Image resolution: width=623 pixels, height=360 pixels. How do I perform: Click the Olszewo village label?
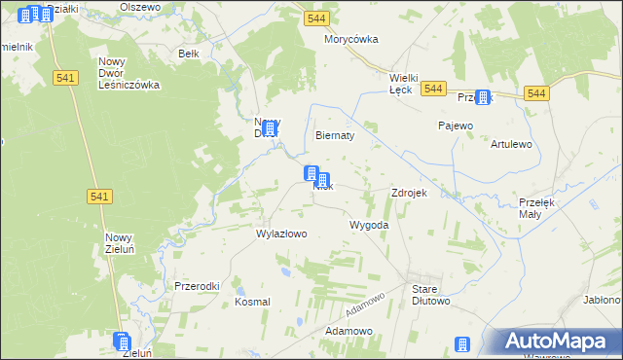[x=139, y=6]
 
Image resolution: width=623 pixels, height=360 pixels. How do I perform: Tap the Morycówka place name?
[x=350, y=40]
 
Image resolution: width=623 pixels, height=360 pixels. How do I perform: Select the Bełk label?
[x=189, y=54]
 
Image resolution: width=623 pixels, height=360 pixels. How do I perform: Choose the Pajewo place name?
[x=455, y=126]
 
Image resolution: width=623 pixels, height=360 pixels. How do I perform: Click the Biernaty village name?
[x=334, y=136]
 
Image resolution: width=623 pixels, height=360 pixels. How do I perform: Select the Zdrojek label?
[x=409, y=193]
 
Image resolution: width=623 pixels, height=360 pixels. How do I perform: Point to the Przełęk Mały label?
[x=536, y=207]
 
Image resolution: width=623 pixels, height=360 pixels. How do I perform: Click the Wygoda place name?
[x=369, y=225]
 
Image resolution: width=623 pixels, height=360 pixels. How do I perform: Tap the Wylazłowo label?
[x=281, y=234]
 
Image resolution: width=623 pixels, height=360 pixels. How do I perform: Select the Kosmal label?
[x=252, y=303]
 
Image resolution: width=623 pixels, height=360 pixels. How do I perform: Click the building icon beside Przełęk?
[x=482, y=98]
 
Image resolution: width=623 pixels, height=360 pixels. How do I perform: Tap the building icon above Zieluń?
[x=122, y=342]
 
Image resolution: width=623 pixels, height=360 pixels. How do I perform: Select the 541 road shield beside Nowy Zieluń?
[x=99, y=197]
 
